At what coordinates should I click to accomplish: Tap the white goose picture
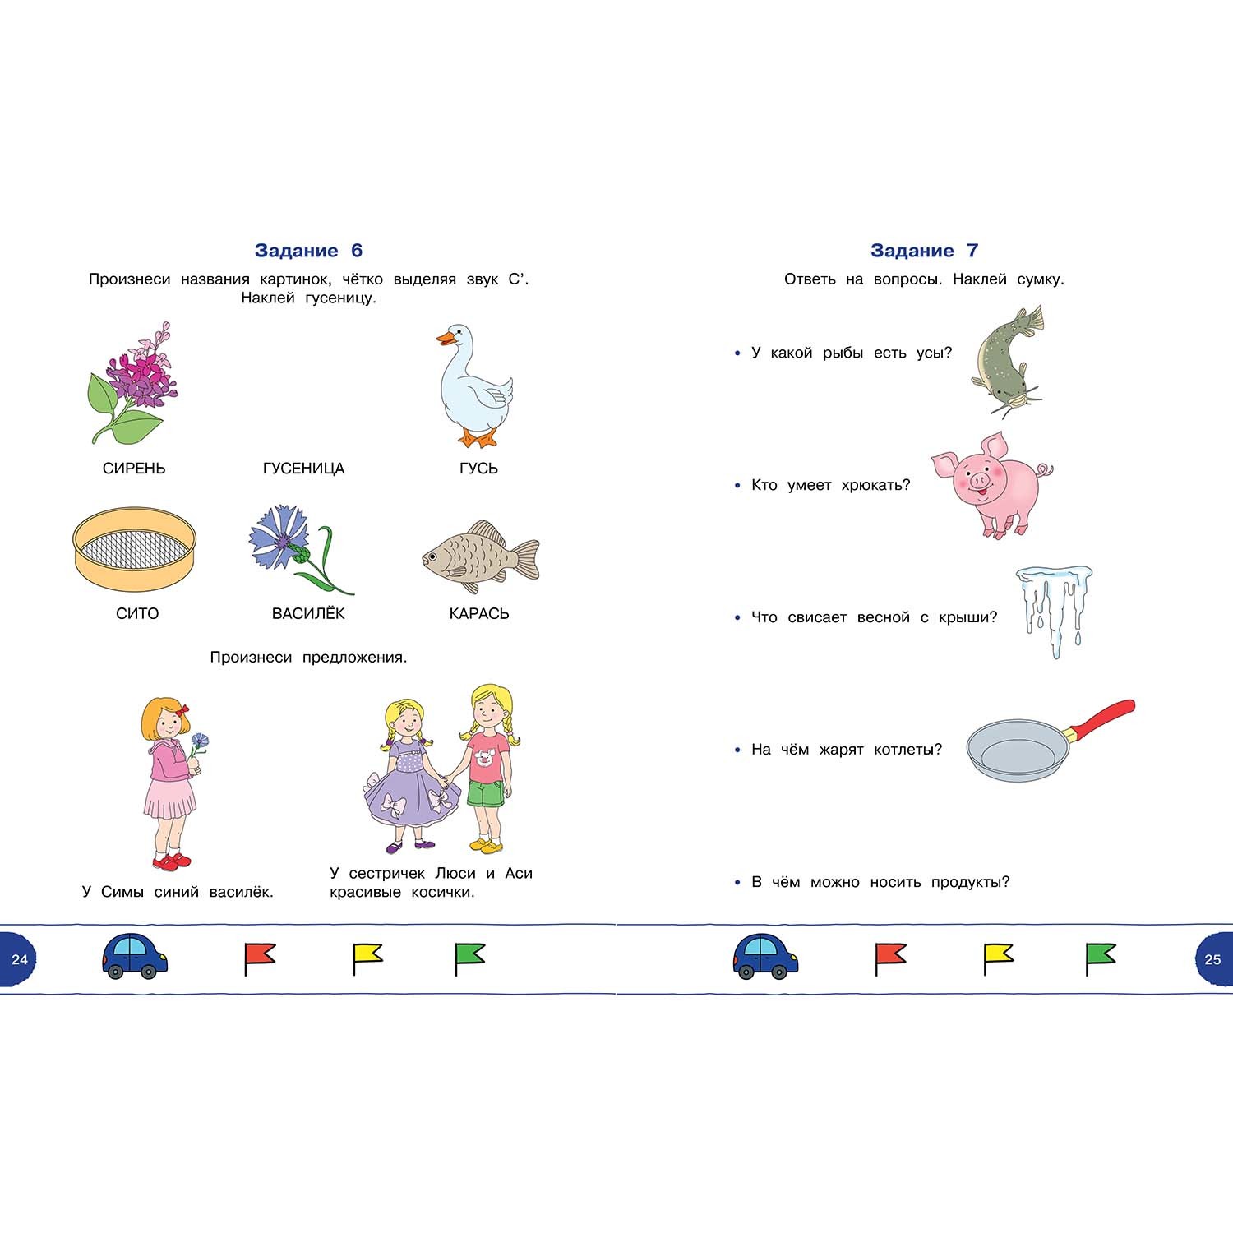[474, 386]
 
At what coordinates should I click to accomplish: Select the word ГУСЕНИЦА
[303, 469]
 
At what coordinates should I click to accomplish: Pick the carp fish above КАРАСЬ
[478, 556]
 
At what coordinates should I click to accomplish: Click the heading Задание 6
[308, 251]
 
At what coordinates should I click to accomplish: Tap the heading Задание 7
[924, 251]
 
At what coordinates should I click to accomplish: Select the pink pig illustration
[991, 483]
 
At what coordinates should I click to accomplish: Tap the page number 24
[20, 959]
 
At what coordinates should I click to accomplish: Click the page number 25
[1212, 959]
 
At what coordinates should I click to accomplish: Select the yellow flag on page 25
[998, 957]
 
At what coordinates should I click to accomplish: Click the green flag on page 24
[469, 957]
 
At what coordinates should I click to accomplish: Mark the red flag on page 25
[889, 957]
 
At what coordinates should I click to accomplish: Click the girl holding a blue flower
[170, 781]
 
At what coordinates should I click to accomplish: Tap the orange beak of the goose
[445, 337]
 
